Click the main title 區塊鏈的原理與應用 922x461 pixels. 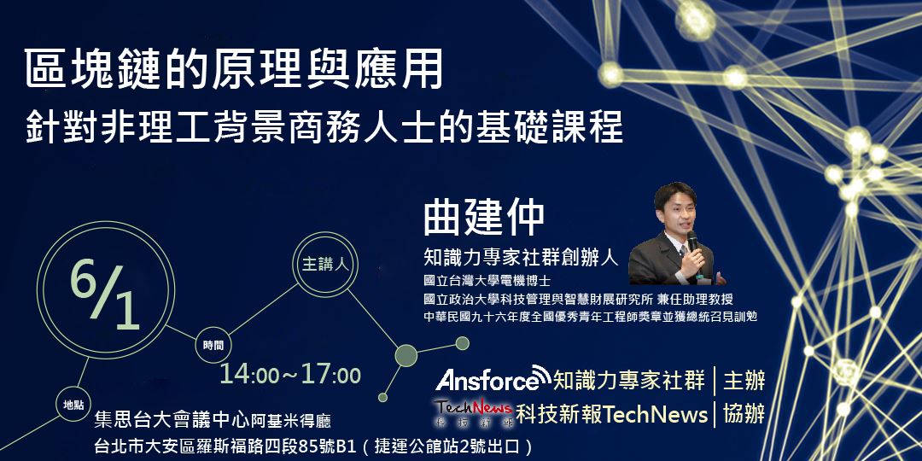pos(235,71)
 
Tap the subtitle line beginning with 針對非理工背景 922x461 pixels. pos(324,125)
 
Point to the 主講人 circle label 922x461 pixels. pos(325,264)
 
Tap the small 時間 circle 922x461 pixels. pos(213,345)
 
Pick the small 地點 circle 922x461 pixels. pos(73,404)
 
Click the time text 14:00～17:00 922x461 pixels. pos(290,375)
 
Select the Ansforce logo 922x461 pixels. pos(492,378)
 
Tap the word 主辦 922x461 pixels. pos(744,379)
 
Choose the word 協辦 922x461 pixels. pos(744,413)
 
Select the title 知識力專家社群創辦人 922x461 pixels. pos(522,256)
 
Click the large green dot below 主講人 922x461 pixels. pos(406,356)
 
